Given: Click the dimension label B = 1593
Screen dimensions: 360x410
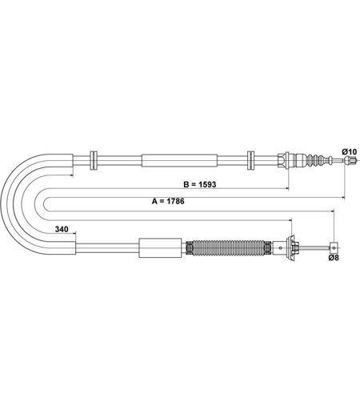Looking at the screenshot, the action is coord(200,184).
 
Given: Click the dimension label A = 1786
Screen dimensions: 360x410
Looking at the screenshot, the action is coord(168,201).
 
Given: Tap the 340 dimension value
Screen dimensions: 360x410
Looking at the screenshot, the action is coord(62,229).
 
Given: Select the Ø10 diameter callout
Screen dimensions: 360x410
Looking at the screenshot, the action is coord(350,152).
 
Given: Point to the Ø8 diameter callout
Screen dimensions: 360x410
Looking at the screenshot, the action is coord(334,258).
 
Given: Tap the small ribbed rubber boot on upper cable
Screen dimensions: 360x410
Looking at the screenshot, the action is coord(316,160).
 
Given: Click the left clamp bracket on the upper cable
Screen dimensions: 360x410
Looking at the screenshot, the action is coord(94,160).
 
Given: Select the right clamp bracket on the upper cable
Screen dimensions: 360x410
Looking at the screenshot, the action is coord(250,160).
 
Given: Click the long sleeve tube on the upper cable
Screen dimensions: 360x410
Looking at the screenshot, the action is coord(179,160).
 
